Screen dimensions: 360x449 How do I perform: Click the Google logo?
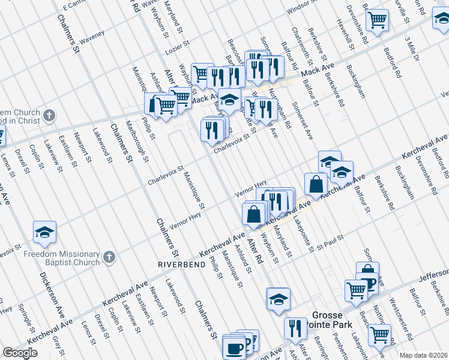tap(20, 353)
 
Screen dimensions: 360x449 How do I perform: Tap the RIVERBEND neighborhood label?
tap(180, 264)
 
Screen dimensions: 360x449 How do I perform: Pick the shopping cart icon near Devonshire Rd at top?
tap(378, 21)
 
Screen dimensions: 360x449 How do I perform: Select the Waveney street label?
tap(91, 36)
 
